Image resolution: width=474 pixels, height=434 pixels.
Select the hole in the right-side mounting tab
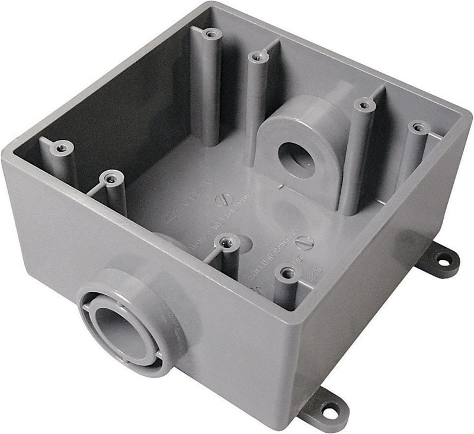pyautogui.click(x=443, y=259)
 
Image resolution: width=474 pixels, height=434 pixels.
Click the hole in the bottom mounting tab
pyautogui.click(x=327, y=409)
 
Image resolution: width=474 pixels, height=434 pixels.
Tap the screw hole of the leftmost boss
pyautogui.click(x=60, y=145)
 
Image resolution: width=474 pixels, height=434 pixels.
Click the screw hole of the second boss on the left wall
pyautogui.click(x=110, y=176)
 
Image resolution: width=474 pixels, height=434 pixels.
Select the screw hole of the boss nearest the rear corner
pyautogui.click(x=210, y=34)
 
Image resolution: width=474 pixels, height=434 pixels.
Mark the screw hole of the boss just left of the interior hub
pyautogui.click(x=256, y=57)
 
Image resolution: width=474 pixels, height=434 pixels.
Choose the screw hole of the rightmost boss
pyautogui.click(x=419, y=127)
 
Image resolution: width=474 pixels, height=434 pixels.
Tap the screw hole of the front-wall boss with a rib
pyautogui.click(x=227, y=241)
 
